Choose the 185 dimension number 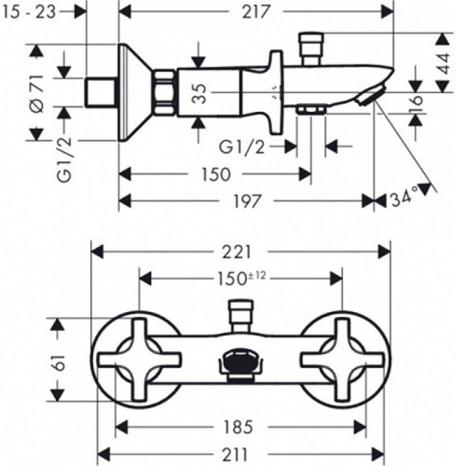(x=239, y=426)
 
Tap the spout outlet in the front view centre (x=240, y=365)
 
